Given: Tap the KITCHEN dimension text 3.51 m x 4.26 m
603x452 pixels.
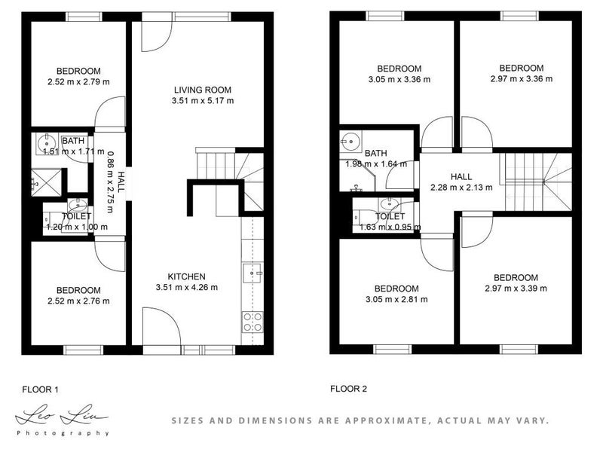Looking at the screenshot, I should (186, 287).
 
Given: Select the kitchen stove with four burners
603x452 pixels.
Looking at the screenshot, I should (252, 322).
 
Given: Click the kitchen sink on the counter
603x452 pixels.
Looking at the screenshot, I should (252, 271).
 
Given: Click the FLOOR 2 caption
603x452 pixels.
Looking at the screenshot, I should (348, 389).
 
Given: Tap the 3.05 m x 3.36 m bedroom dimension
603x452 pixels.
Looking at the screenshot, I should (399, 79).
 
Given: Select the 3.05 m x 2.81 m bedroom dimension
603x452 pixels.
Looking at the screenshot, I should (396, 299).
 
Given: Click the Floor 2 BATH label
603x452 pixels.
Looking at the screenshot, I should (375, 153).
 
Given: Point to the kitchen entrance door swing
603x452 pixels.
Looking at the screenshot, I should (161, 328).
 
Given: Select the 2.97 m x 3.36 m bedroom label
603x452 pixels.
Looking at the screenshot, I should (521, 68).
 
